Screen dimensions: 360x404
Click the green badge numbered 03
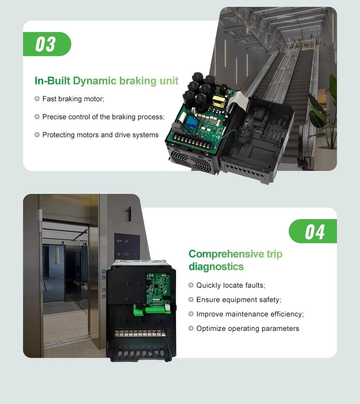tap(47, 44)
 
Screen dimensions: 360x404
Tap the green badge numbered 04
tap(313, 231)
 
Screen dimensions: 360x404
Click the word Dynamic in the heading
tap(95, 81)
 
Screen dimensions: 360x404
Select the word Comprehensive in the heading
tap(226, 254)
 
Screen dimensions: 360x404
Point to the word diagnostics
tap(216, 267)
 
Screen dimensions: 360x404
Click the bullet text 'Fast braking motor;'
tap(73, 99)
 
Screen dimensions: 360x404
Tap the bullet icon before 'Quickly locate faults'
tap(191, 285)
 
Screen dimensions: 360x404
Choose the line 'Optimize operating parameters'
tap(248, 328)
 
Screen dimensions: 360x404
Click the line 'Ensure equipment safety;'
tap(239, 300)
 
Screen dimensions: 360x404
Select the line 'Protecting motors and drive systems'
tap(100, 135)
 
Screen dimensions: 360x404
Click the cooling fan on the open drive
tap(190, 161)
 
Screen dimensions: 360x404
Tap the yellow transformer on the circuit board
tap(219, 101)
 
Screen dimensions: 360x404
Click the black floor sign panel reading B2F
tap(127, 247)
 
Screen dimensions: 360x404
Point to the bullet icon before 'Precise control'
tap(37, 117)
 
